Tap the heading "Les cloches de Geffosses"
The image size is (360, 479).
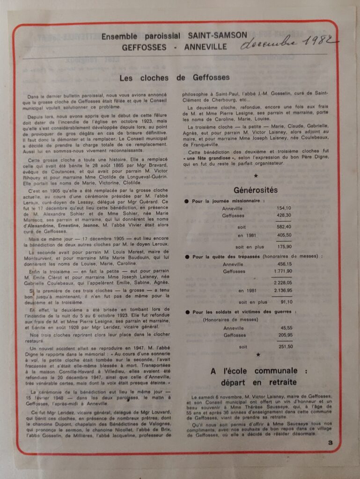tap(175, 78)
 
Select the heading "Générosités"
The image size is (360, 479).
tap(255, 190)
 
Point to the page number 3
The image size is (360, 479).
tap(330, 443)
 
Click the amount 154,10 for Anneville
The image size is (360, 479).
tap(284, 208)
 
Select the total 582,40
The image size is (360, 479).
tap(284, 227)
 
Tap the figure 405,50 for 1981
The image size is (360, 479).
tap(284, 235)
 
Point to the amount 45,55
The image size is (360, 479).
tap(285, 328)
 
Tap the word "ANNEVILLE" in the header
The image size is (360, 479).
tap(206, 47)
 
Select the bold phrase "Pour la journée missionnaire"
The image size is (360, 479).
tap(222, 201)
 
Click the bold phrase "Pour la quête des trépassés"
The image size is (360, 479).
tap(221, 257)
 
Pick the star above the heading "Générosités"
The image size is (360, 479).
tap(256, 176)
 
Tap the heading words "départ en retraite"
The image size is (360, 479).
tap(256, 382)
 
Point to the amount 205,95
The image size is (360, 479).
tap(284, 335)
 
